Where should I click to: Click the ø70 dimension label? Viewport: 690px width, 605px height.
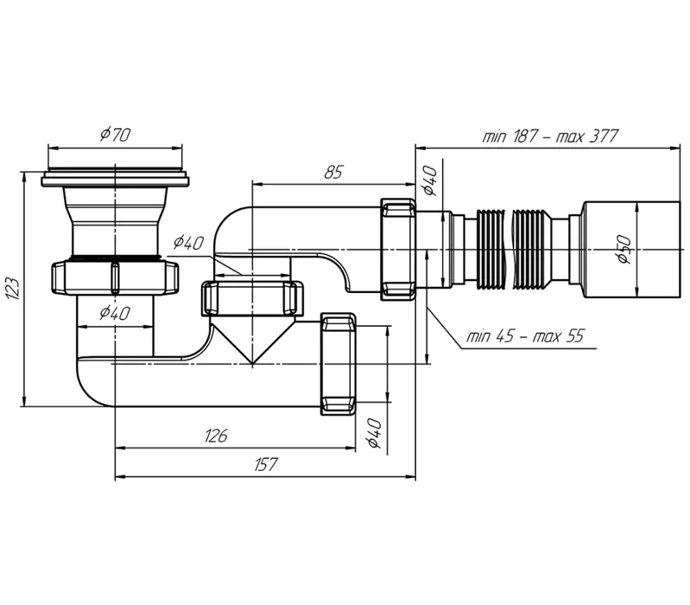(116, 134)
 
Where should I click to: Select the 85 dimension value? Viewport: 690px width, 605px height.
(333, 172)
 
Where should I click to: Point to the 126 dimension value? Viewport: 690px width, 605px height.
(216, 436)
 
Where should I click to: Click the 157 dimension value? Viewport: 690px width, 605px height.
(266, 464)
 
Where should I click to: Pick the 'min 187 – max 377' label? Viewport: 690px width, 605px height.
(550, 136)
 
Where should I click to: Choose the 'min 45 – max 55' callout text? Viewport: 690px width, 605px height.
(525, 337)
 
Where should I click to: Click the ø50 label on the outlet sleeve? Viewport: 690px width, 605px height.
(624, 250)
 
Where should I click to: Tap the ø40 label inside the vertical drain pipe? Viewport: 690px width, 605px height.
(115, 313)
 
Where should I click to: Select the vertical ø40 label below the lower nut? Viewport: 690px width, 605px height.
(374, 433)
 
